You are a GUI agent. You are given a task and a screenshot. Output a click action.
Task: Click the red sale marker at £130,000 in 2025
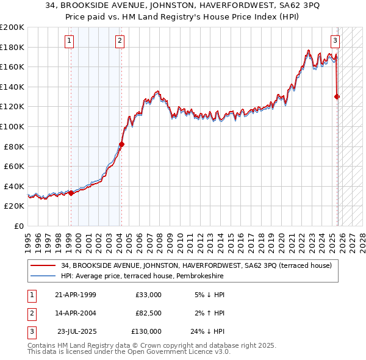click(337, 96)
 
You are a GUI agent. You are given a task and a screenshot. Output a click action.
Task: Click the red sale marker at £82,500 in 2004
click(121, 144)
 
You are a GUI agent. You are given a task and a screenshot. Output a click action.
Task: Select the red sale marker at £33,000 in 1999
click(71, 193)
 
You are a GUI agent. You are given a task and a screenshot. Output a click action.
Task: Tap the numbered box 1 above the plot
click(70, 41)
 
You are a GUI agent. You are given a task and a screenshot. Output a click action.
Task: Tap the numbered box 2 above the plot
click(120, 41)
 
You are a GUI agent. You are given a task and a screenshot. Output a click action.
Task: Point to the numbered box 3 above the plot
click(335, 41)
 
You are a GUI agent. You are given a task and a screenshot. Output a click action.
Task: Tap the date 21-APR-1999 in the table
click(76, 295)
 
